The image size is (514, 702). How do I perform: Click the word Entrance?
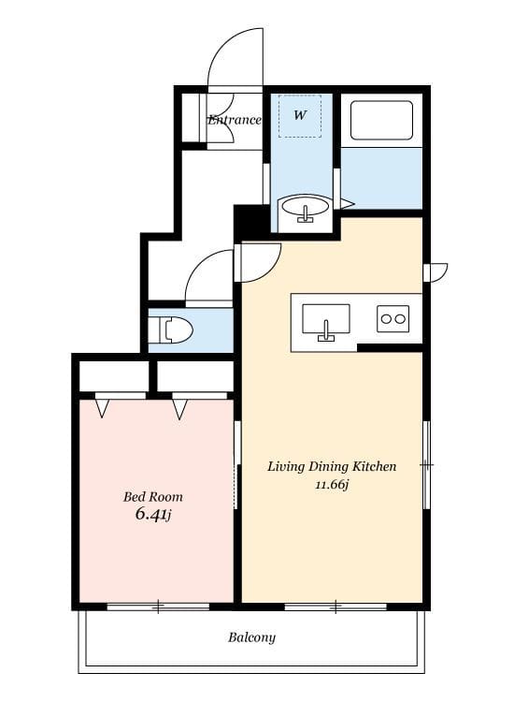pyautogui.click(x=235, y=120)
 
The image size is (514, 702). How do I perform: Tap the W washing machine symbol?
pyautogui.click(x=300, y=115)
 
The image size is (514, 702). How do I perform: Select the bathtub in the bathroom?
pyautogui.click(x=381, y=120)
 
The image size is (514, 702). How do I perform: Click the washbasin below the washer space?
pyautogui.click(x=306, y=209)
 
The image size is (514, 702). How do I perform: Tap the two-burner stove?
pyautogui.click(x=393, y=319)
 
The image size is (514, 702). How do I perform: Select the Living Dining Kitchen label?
pyautogui.click(x=332, y=466)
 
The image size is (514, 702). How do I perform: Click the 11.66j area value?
pyautogui.click(x=332, y=485)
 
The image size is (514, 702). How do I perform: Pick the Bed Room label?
pyautogui.click(x=153, y=497)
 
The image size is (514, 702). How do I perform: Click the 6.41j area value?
pyautogui.click(x=153, y=515)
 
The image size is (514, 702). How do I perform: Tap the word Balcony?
pyautogui.click(x=251, y=637)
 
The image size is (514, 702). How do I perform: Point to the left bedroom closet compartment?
pyautogui.click(x=114, y=376)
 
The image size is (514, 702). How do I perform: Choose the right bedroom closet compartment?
pyautogui.click(x=195, y=376)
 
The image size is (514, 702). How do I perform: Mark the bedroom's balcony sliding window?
pyautogui.click(x=158, y=607)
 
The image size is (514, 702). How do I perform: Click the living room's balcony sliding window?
pyautogui.click(x=336, y=607)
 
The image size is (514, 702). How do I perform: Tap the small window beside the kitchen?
pyautogui.click(x=435, y=272)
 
